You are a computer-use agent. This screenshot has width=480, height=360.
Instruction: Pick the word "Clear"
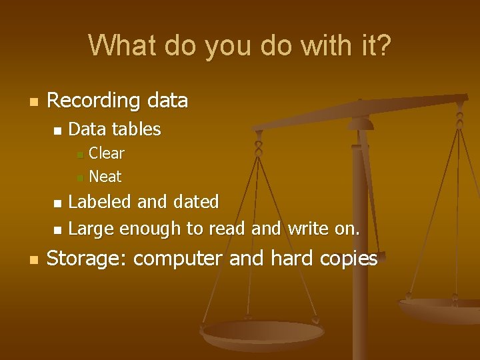point(107,153)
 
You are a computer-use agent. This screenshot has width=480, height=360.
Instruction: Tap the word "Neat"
point(105,177)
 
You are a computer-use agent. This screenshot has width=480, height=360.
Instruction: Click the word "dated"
point(196,201)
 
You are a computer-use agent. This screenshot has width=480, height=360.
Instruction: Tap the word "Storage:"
point(90,259)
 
